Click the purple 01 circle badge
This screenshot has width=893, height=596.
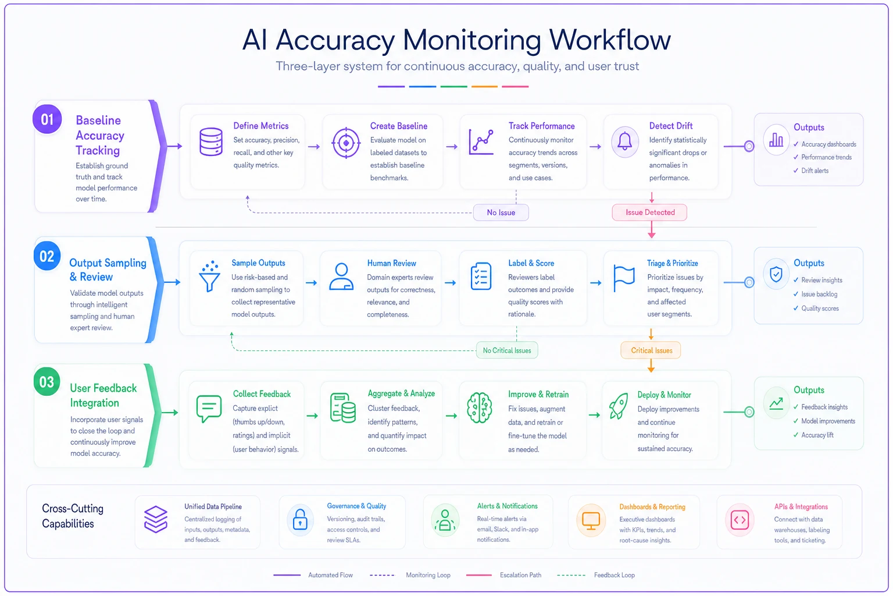pos(47,119)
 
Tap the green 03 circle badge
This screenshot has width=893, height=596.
pos(47,382)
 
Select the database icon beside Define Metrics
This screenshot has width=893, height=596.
pos(211,141)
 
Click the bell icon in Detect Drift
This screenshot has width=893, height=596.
pos(624,141)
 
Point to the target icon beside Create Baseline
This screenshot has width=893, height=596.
pos(346,143)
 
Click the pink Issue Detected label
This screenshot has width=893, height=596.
pos(649,212)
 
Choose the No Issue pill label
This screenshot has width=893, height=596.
pos(501,212)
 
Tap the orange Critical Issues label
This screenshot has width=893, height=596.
pos(651,350)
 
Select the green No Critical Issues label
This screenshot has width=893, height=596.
pos(507,350)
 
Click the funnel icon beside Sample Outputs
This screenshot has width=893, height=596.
pos(210,276)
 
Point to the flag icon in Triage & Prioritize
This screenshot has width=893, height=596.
pos(624,278)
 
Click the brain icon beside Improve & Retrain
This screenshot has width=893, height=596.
pos(479,407)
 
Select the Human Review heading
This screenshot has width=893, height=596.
pos(391,263)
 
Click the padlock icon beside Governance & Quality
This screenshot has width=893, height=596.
pos(300,519)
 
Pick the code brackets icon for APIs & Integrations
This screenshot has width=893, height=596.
pos(740,520)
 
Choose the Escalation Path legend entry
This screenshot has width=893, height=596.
pos(504,575)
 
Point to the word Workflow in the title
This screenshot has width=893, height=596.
pos(610,40)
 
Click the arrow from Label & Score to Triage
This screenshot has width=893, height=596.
pos(595,283)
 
